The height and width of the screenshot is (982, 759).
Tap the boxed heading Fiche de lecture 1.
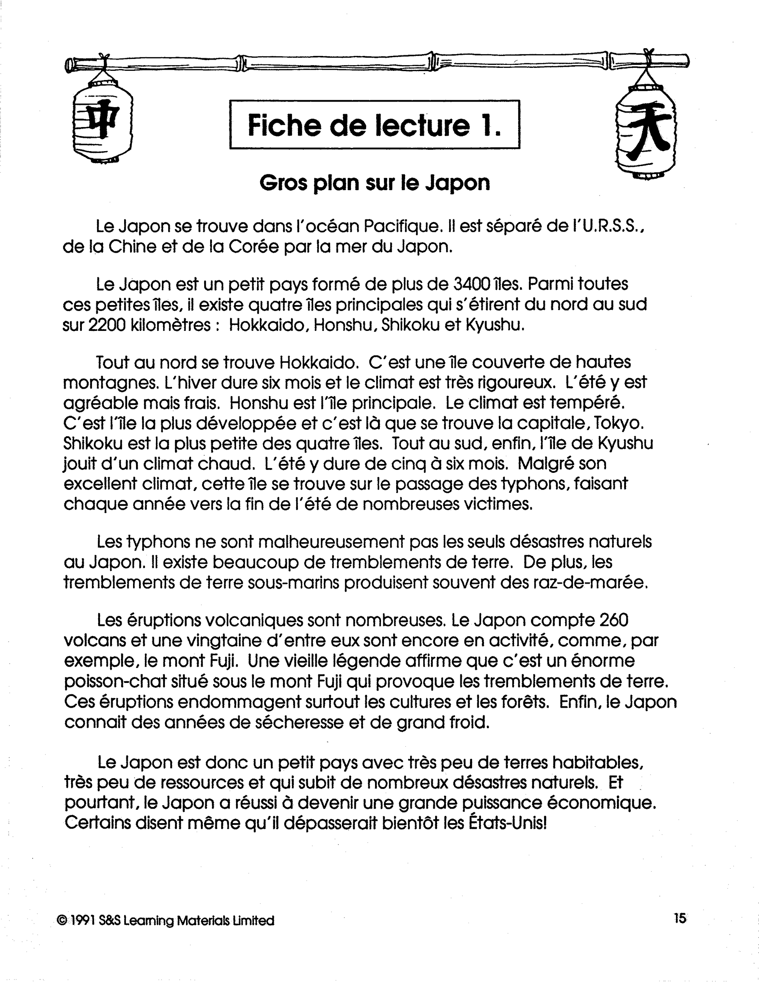point(375,125)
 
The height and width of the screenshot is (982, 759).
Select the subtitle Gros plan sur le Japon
point(375,183)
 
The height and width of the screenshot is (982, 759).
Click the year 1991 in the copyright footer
point(83,920)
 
